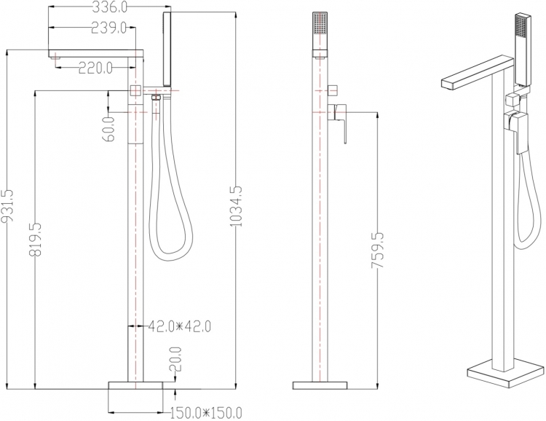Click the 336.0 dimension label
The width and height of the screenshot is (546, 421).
pyautogui.click(x=109, y=7)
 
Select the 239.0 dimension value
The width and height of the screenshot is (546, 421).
pyautogui.click(x=108, y=28)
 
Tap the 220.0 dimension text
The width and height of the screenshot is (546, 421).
pyautogui.click(x=95, y=68)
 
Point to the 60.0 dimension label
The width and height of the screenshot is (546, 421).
pyautogui.click(x=108, y=129)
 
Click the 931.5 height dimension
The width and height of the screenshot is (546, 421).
pyautogui.click(x=7, y=206)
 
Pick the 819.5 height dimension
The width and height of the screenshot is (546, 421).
pyautogui.click(x=35, y=240)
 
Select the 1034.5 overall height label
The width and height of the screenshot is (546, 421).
pyautogui.click(x=236, y=206)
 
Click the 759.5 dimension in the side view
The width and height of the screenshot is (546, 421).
pyautogui.click(x=377, y=251)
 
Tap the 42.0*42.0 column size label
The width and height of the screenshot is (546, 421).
pyautogui.click(x=180, y=326)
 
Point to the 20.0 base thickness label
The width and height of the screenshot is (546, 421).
pyautogui.click(x=176, y=360)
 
